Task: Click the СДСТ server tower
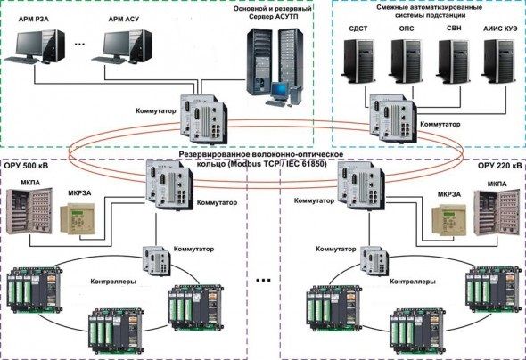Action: (x=362, y=59)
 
